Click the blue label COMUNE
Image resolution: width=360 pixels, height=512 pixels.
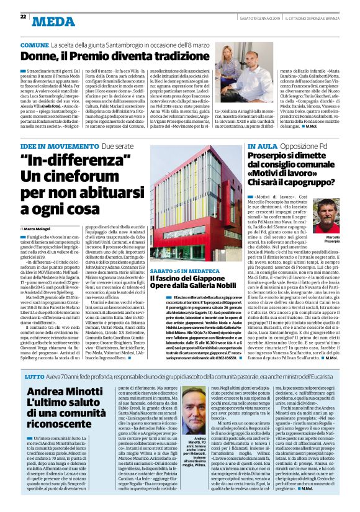pyautogui.click(x=34, y=46)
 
